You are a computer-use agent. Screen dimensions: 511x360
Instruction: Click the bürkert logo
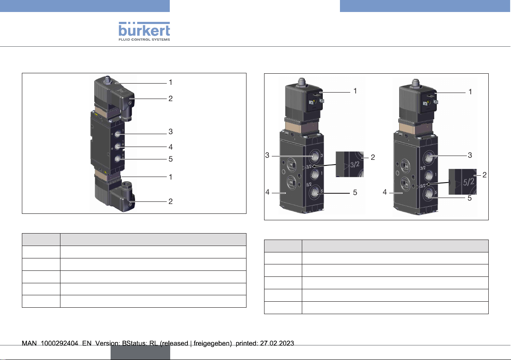(144, 31)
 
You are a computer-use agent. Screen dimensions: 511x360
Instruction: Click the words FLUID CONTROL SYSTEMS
(144, 39)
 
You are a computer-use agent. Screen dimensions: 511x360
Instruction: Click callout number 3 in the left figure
(171, 132)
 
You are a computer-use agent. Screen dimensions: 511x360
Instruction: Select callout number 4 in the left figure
(171, 147)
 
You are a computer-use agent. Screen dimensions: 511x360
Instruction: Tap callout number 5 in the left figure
(171, 159)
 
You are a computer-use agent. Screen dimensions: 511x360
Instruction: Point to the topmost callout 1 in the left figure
(171, 82)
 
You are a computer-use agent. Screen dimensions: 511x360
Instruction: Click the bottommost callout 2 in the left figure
(171, 201)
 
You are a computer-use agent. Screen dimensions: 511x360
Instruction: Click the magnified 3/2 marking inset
(350, 164)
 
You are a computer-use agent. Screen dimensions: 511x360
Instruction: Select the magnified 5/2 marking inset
(463, 182)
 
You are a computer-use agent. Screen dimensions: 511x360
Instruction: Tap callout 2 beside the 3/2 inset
(373, 157)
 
